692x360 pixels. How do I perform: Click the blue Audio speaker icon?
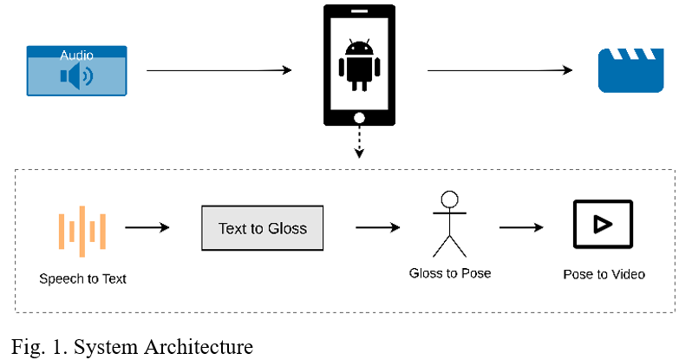(x=76, y=77)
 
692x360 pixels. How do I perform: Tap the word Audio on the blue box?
(x=77, y=56)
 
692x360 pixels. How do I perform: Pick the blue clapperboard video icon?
(x=631, y=70)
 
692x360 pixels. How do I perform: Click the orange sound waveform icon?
(x=82, y=232)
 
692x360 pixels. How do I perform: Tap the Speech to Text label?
(x=83, y=278)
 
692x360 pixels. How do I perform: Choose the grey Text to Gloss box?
(x=262, y=228)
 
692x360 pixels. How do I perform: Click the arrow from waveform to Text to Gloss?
(x=147, y=228)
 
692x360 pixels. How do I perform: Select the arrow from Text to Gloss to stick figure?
(x=377, y=228)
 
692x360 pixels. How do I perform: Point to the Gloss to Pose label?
(x=450, y=273)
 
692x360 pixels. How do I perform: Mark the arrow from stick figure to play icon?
(x=520, y=228)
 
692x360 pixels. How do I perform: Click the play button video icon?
(x=603, y=225)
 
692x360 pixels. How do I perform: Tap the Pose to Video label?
(x=604, y=274)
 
